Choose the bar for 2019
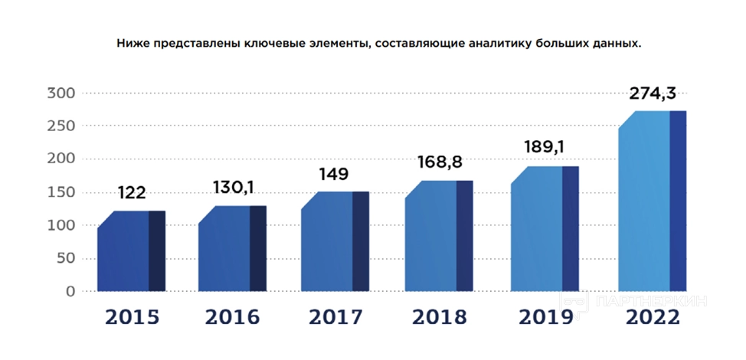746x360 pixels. [544, 229]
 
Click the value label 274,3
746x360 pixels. [653, 94]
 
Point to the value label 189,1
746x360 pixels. [546, 147]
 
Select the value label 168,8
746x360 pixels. [441, 162]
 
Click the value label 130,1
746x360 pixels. [233, 188]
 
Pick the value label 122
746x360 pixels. [132, 193]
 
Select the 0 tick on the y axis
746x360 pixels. [70, 292]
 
